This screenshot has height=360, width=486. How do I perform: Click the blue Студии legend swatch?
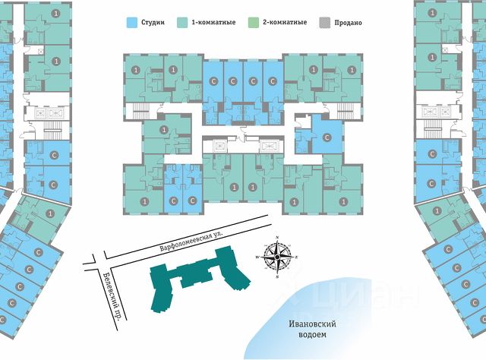point(131,23)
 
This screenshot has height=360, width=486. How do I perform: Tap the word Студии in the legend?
point(153,23)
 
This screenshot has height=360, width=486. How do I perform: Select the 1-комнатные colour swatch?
point(181,23)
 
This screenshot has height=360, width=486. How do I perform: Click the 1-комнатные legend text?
point(211,23)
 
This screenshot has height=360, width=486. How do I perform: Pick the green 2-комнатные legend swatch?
point(253,23)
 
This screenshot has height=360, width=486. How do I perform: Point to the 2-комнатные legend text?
point(283,23)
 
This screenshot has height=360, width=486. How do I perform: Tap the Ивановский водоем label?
point(311,330)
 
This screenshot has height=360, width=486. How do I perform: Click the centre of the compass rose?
point(276,257)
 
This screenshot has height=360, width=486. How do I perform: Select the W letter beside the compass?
point(258,257)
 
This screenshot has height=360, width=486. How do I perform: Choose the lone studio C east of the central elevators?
point(327,138)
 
